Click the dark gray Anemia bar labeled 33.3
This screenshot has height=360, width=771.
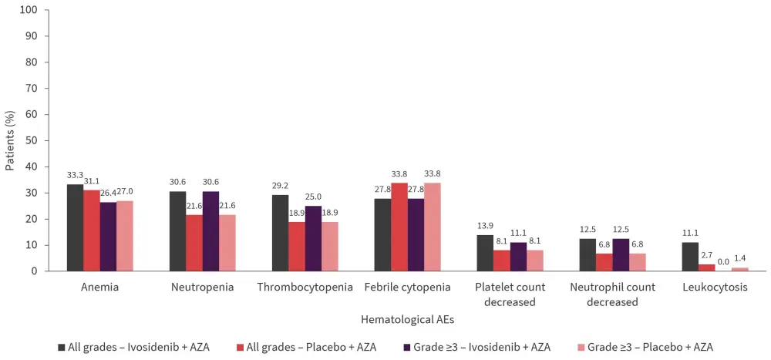[x=75, y=227]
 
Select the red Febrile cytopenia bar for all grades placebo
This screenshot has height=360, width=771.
[x=399, y=227]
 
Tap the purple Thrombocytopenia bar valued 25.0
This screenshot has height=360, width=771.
[x=313, y=238]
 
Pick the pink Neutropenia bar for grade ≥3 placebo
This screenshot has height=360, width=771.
[x=227, y=243]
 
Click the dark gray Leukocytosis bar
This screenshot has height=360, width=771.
[x=690, y=257]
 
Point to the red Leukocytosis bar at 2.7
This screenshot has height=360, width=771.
[x=707, y=267]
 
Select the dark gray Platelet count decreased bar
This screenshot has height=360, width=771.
[x=485, y=253]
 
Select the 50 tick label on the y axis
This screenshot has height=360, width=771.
[x=32, y=140]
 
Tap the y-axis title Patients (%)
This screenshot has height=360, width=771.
[x=10, y=140]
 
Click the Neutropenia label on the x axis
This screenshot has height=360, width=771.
[x=202, y=288]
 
